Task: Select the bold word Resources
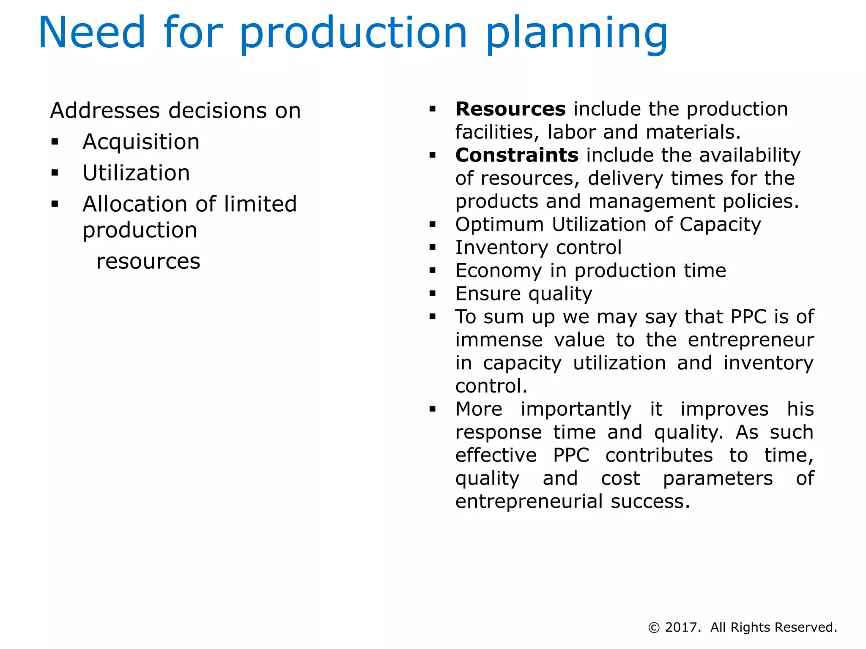(510, 109)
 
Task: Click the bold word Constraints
(516, 155)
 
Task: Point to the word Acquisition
(141, 142)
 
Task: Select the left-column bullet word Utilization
(136, 173)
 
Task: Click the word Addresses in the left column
(105, 111)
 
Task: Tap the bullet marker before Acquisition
(55, 142)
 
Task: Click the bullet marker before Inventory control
(432, 248)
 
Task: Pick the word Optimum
(499, 224)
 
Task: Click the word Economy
(498, 271)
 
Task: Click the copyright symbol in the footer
(654, 628)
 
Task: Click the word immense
(499, 340)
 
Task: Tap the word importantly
(576, 409)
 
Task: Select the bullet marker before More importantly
(432, 409)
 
